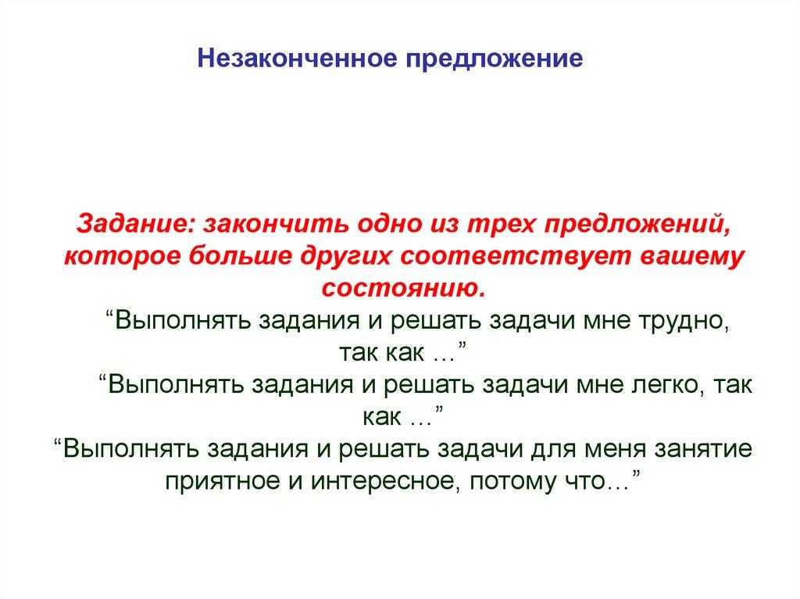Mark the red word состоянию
403,287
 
